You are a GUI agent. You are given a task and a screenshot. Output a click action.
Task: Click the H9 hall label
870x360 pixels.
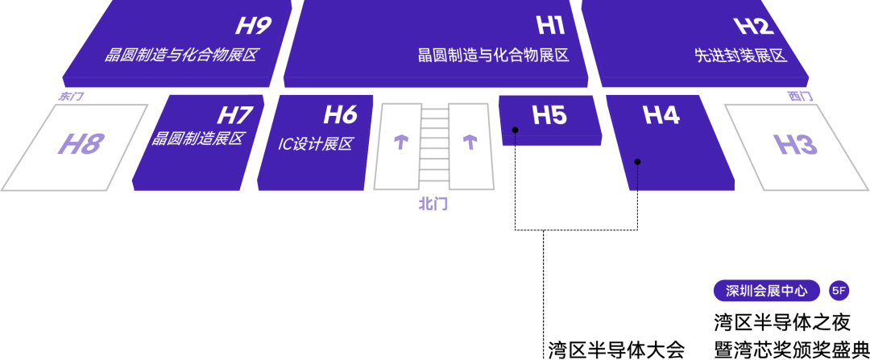tap(252, 26)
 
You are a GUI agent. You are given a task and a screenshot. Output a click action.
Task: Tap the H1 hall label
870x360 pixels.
tap(550, 26)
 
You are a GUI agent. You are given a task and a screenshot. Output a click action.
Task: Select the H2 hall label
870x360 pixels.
tap(754, 26)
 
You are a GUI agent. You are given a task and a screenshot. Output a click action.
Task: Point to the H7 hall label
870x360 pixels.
tap(234, 115)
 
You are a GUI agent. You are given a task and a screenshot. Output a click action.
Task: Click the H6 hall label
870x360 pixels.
tap(340, 115)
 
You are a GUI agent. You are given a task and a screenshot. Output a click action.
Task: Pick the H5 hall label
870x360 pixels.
tap(549, 115)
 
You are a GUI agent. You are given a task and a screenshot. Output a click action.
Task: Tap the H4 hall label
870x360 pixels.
tap(661, 115)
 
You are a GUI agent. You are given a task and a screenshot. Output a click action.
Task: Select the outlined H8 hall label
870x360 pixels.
tap(81, 145)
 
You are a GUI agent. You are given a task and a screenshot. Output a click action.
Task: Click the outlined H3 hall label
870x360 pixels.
tap(795, 145)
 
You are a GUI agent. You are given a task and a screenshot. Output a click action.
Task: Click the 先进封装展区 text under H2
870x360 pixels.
tap(740, 56)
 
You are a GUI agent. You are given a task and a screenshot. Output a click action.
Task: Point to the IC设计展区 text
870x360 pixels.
tap(316, 145)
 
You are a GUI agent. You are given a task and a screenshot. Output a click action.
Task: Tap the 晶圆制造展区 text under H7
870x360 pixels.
tap(197, 139)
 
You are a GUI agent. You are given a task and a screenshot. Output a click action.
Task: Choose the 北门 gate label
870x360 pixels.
tap(433, 205)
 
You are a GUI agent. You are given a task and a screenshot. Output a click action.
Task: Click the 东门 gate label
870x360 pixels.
tap(71, 97)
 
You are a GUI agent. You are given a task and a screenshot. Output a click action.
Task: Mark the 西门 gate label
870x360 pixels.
tap(800, 97)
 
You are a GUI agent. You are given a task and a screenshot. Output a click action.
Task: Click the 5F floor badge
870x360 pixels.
tap(839, 291)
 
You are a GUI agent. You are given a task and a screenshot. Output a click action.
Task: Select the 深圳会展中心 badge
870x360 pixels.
tap(766, 291)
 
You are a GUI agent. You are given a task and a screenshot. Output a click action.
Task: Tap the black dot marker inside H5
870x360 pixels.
tap(515, 130)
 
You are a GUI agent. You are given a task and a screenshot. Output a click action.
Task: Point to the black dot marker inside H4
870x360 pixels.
tap(637, 162)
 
